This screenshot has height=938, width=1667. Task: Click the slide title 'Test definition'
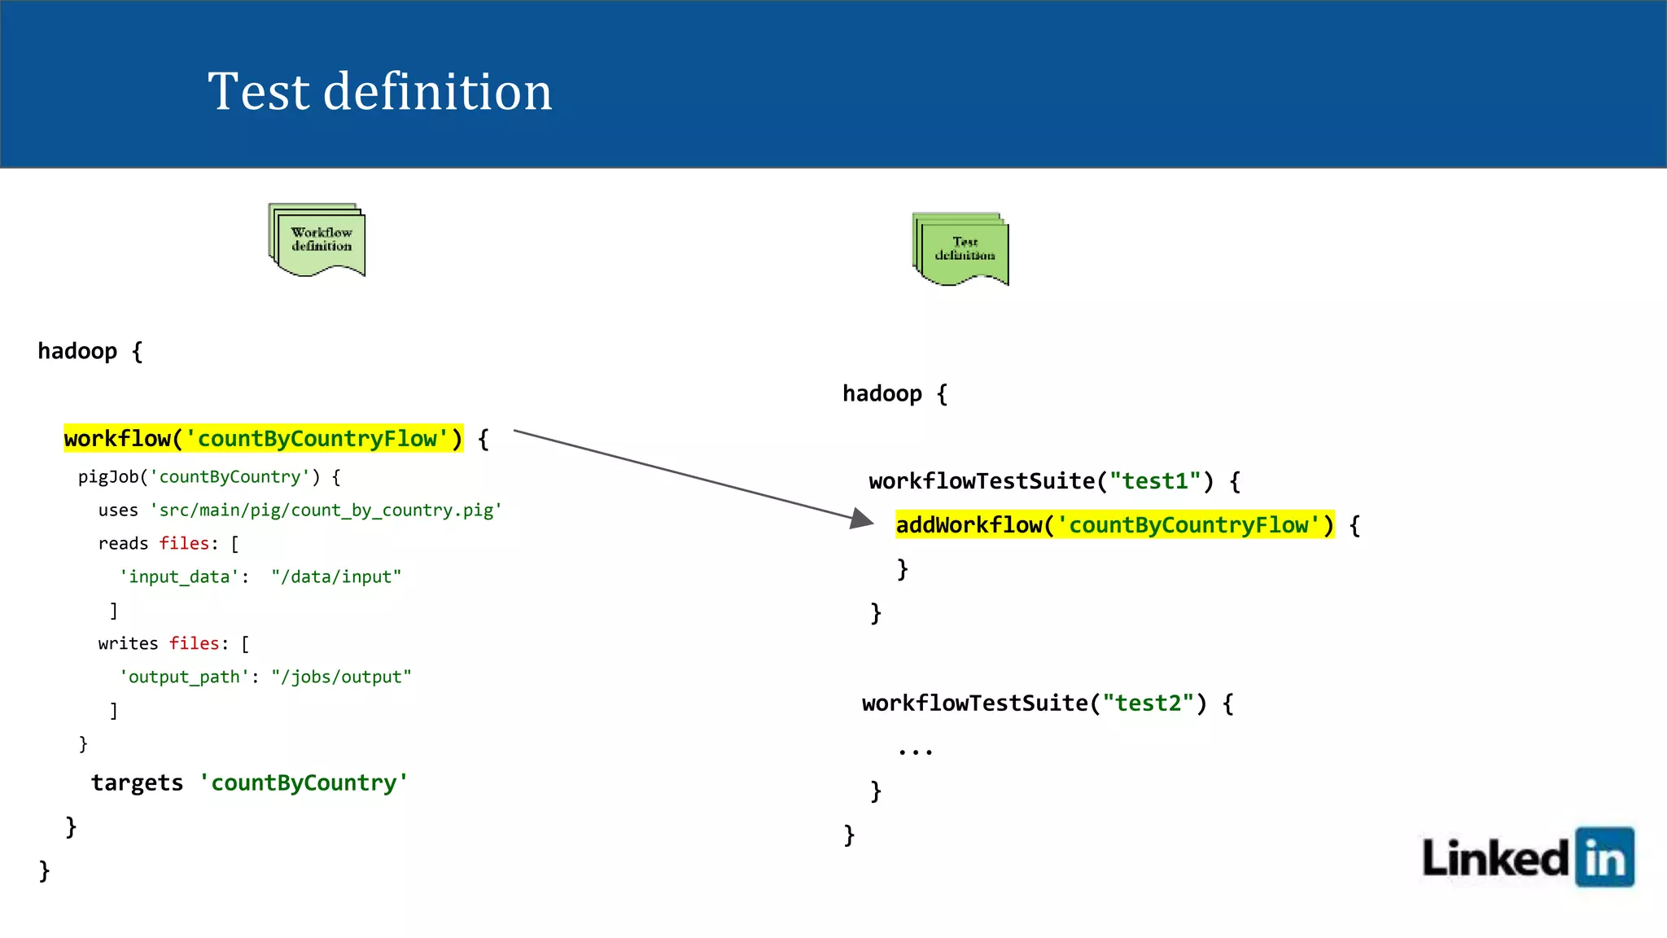point(379,91)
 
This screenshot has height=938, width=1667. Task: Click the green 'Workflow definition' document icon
point(317,239)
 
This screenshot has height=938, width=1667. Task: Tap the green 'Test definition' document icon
point(961,249)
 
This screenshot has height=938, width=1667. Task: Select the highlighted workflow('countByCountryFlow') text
point(263,439)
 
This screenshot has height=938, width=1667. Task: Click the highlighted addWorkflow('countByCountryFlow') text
point(1114,525)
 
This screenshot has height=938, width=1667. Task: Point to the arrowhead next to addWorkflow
point(861,519)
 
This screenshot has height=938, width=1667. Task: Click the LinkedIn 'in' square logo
point(1604,857)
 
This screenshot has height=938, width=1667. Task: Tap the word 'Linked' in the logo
point(1494,858)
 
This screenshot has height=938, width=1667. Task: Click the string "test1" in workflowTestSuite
point(1155,481)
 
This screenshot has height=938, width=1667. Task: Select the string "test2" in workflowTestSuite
point(1148,703)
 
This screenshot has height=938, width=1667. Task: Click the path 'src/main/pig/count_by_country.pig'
point(326,511)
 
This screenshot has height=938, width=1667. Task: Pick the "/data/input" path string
point(336,577)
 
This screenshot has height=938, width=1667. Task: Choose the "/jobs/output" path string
point(341,677)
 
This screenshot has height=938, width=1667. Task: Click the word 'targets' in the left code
point(137,783)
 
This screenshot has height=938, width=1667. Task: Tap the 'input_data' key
point(179,577)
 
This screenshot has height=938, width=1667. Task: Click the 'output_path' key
point(184,677)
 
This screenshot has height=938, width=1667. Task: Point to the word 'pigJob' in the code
point(108,477)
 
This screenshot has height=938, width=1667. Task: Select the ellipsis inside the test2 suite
point(915,751)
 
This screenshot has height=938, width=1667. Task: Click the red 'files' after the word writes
point(194,644)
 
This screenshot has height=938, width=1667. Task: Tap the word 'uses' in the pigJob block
point(118,511)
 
